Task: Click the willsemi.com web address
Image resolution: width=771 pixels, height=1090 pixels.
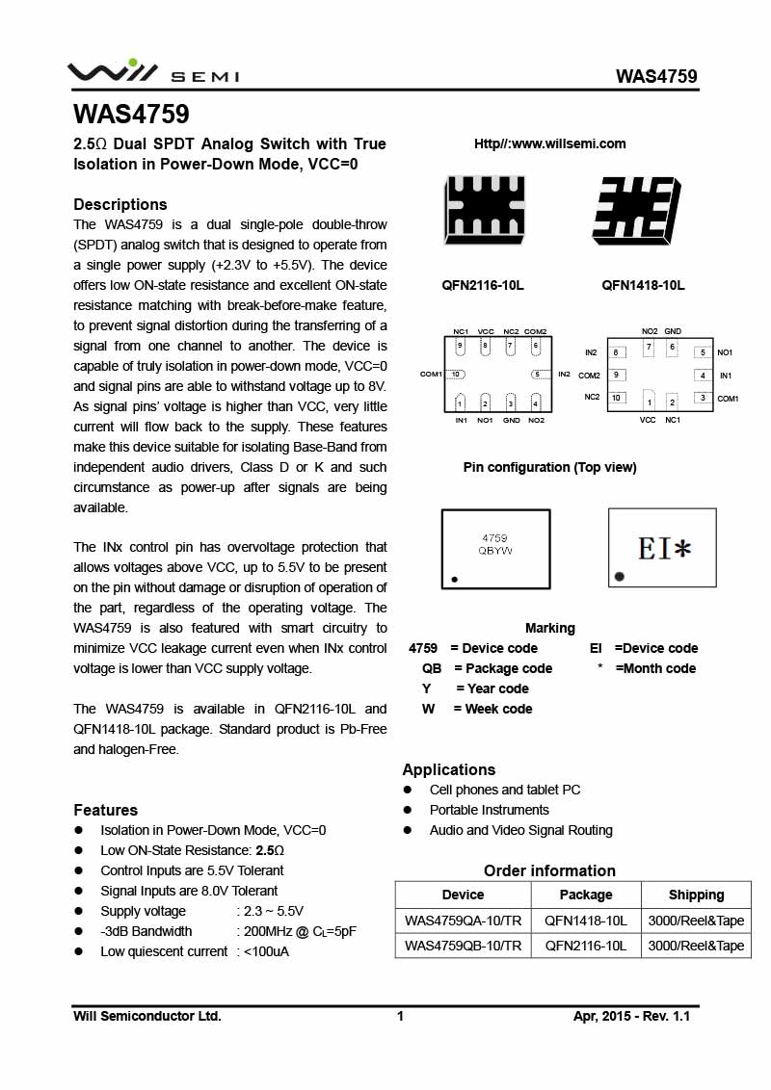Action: pyautogui.click(x=549, y=143)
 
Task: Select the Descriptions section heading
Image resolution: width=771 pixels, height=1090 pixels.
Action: pyautogui.click(x=120, y=204)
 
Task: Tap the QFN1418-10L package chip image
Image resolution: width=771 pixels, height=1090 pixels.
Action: pyautogui.click(x=636, y=209)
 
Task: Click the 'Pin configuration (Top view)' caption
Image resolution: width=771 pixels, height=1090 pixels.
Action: pyautogui.click(x=549, y=467)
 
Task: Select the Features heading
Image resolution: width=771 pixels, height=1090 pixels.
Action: pyautogui.click(x=106, y=810)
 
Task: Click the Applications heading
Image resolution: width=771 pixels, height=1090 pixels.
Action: pyautogui.click(x=449, y=769)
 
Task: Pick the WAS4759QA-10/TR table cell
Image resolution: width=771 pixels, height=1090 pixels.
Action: pyautogui.click(x=463, y=921)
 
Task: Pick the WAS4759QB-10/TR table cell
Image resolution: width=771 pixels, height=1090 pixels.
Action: pyautogui.click(x=463, y=946)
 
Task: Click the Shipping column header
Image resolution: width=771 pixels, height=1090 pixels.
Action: pyautogui.click(x=696, y=895)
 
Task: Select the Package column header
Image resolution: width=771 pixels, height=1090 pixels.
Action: pyautogui.click(x=586, y=895)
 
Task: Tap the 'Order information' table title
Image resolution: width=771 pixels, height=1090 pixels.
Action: pyautogui.click(x=549, y=870)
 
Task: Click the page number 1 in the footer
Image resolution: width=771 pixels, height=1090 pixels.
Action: pyautogui.click(x=400, y=1016)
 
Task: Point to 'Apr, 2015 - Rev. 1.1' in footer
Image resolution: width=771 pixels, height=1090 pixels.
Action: pyautogui.click(x=631, y=1016)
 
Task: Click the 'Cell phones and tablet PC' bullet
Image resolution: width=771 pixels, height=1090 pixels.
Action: pyautogui.click(x=505, y=790)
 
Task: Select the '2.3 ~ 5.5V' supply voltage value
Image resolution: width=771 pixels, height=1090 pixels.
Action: pyautogui.click(x=270, y=911)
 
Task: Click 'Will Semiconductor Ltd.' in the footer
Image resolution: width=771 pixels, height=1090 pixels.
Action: pyautogui.click(x=147, y=1016)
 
